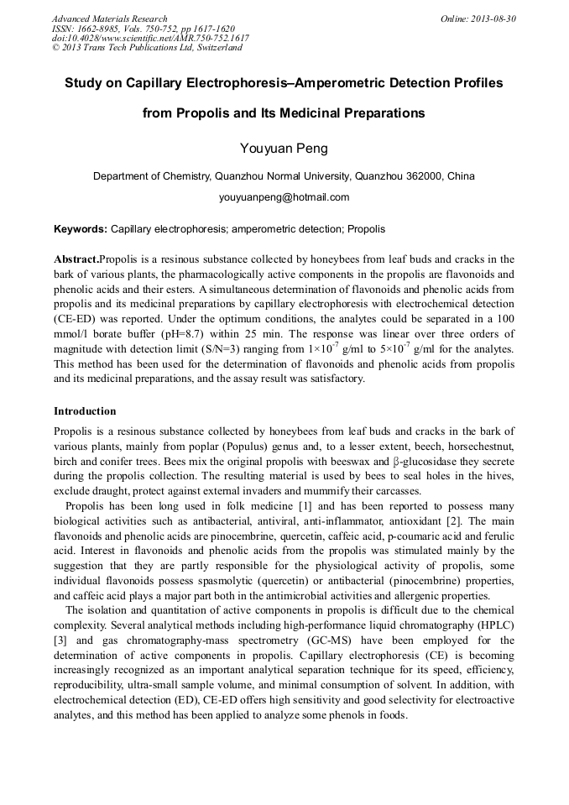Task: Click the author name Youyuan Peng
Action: (284, 149)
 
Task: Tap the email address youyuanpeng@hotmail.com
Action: (284, 198)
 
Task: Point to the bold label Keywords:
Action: (81, 228)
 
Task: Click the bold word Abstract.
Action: (76, 259)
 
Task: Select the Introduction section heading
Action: (85, 411)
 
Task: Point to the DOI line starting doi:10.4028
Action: (150, 38)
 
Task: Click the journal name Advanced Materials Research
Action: (109, 18)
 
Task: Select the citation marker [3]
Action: (60, 639)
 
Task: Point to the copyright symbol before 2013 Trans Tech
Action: (56, 48)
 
